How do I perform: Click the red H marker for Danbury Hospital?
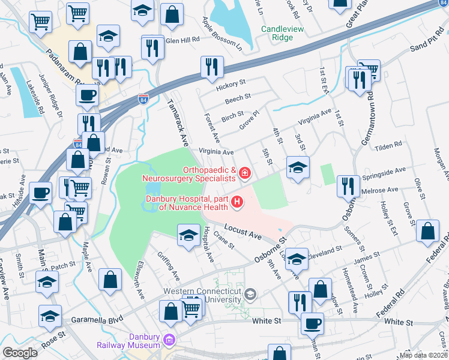click(x=237, y=202)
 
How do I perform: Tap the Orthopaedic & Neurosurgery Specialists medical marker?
click(x=244, y=174)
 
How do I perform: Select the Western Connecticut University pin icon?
click(x=250, y=295)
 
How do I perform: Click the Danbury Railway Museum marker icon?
click(x=170, y=341)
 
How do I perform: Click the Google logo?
click(x=20, y=352)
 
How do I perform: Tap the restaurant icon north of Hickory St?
click(x=212, y=67)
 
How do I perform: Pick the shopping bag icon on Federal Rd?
click(x=427, y=231)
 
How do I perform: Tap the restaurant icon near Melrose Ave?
click(x=348, y=185)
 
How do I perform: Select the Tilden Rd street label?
click(x=389, y=146)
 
